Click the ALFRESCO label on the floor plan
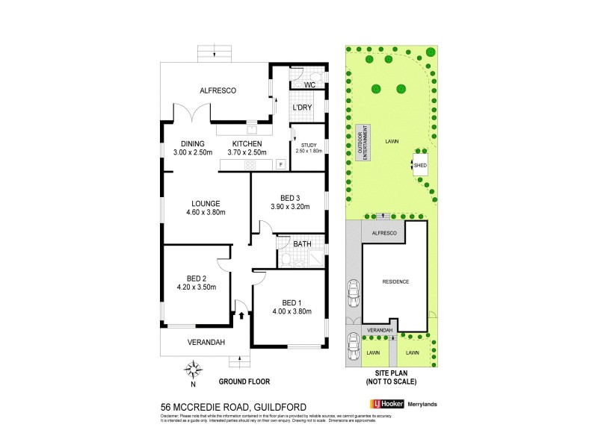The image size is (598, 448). point(218,90)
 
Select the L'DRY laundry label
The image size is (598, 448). point(302,108)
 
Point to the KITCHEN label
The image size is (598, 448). point(247,144)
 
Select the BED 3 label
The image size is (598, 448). point(287,198)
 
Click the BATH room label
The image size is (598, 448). point(302,243)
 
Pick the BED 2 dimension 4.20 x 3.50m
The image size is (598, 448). point(196,287)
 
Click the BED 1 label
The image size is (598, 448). point(291,302)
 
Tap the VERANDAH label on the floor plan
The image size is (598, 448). point(196,345)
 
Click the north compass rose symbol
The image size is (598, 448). point(193,369)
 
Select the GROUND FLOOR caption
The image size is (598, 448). point(244,382)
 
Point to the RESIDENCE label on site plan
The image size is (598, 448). point(395,281)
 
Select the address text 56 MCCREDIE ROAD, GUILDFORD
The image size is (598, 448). point(223,407)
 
